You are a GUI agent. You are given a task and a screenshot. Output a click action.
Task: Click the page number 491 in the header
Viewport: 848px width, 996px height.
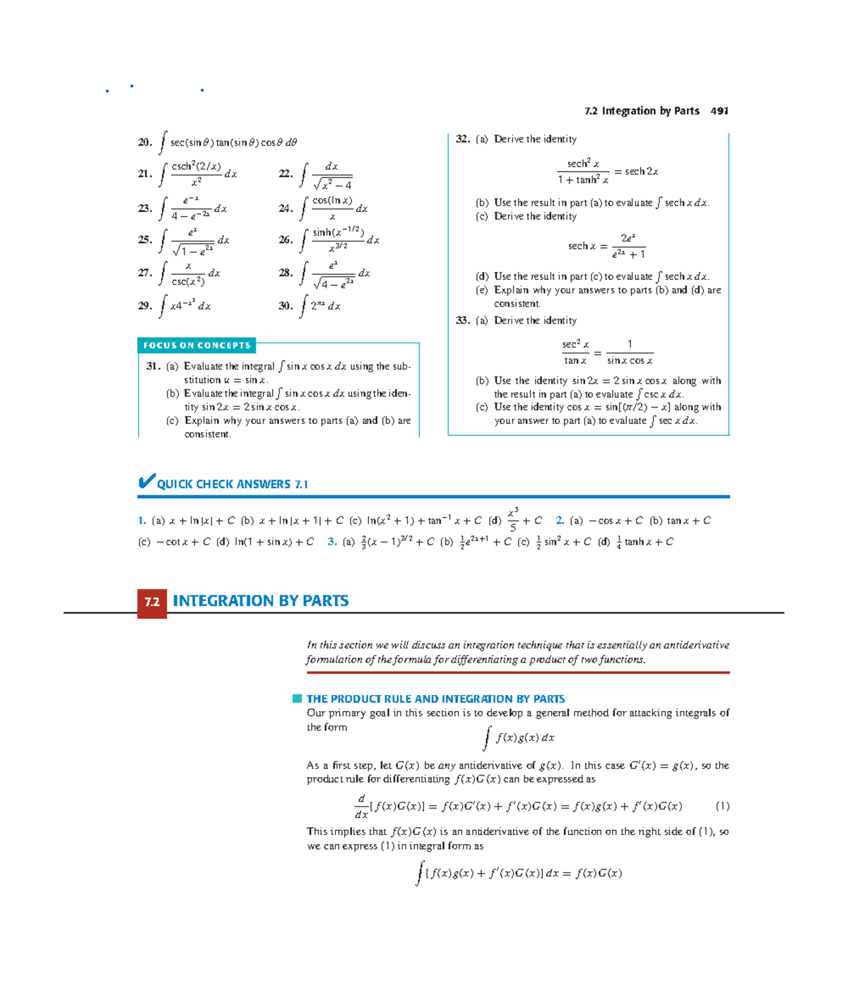tap(719, 111)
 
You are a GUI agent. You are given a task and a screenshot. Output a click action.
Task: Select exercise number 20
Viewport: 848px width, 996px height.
tap(145, 142)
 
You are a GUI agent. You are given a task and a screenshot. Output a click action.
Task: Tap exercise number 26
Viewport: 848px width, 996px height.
tap(285, 239)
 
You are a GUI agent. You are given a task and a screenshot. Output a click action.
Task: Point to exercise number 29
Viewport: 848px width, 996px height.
tap(145, 306)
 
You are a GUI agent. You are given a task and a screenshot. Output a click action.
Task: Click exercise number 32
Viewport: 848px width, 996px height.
tap(463, 139)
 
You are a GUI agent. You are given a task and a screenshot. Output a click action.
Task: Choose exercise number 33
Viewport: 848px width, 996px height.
tap(463, 321)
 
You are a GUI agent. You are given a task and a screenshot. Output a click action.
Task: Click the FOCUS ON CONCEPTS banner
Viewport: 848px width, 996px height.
tap(196, 345)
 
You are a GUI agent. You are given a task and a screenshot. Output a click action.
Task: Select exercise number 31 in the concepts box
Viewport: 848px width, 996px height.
tap(153, 366)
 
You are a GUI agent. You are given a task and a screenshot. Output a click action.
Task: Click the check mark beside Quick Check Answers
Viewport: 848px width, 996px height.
tap(146, 482)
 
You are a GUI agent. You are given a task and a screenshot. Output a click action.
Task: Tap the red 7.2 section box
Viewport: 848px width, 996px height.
tap(152, 603)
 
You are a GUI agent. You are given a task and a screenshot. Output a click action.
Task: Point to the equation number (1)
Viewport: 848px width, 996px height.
tap(722, 806)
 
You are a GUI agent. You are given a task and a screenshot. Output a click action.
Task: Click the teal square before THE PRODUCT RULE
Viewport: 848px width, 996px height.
tap(298, 699)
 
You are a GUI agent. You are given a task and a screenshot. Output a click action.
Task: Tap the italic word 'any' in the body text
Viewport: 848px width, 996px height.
tap(447, 766)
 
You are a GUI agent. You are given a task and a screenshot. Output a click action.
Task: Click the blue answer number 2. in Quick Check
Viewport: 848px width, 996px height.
tap(560, 521)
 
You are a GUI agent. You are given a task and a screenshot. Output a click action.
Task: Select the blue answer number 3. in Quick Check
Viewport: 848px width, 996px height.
tap(332, 542)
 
